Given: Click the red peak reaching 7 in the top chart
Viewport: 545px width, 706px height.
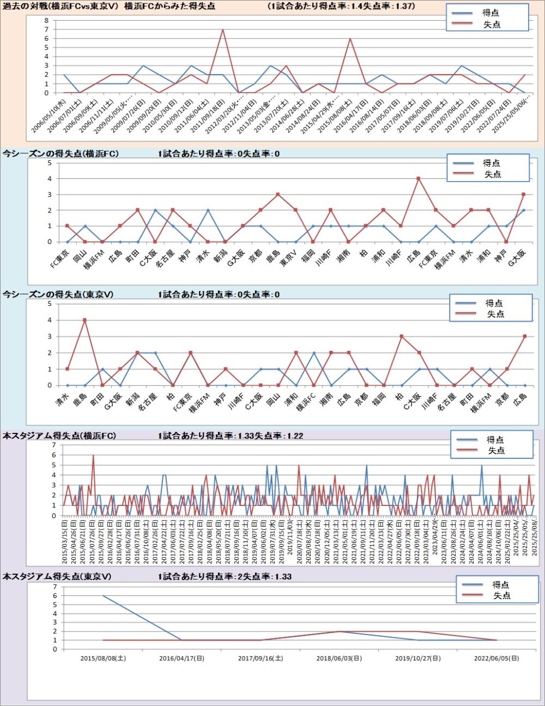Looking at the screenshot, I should [x=222, y=29].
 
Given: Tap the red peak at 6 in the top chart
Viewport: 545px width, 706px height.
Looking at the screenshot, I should [x=350, y=39].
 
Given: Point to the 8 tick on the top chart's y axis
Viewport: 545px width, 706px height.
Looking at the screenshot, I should [x=46, y=20].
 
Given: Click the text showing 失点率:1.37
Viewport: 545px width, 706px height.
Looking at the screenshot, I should [x=387, y=7].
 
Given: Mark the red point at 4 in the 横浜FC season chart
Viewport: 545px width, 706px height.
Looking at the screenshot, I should [x=418, y=178].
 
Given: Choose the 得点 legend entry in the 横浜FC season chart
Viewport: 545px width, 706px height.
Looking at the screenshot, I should [x=491, y=163].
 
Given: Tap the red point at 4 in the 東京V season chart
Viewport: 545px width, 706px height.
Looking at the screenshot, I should [x=84, y=320].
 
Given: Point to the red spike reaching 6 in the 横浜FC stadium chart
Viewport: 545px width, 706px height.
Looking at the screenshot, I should [x=93, y=456].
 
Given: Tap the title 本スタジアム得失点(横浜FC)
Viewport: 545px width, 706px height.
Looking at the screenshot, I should [x=59, y=436].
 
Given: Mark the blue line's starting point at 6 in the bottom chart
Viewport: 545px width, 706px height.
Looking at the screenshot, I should [x=103, y=595].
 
